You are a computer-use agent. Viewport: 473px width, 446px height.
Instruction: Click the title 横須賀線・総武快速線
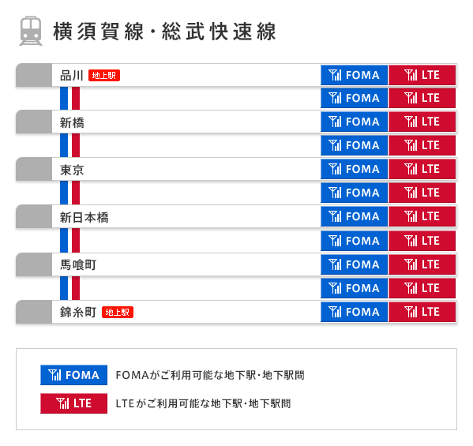pos(164,32)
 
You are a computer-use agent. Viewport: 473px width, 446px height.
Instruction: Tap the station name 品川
pos(72,76)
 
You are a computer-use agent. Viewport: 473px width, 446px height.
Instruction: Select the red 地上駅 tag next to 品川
pos(104,76)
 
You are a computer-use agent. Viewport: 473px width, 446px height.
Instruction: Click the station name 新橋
pos(72,122)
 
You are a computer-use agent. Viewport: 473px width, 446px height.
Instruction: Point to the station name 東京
pos(72,170)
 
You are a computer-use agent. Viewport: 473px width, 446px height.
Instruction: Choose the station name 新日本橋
pos(84,217)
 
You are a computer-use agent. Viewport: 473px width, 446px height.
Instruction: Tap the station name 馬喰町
pos(78,264)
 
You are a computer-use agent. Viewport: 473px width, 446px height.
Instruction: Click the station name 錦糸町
pos(78,312)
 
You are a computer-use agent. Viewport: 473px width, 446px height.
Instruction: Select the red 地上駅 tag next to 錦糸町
pos(118,312)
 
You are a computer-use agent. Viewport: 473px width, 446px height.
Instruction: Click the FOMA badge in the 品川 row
pos(355,76)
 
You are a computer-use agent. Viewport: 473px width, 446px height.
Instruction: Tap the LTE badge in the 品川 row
pos(422,76)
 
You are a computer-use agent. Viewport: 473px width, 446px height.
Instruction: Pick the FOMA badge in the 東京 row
pos(355,169)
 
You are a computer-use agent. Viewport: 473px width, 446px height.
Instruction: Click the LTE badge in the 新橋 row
pos(422,122)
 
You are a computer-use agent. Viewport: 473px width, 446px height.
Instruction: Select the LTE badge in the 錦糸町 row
pos(422,312)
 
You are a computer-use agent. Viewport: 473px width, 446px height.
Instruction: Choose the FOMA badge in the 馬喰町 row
pos(355,264)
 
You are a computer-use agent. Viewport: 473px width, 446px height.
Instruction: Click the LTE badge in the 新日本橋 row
pos(422,216)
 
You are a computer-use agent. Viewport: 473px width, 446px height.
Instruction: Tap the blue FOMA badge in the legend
pos(73,375)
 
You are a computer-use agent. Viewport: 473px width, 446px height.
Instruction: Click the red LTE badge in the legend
pos(73,403)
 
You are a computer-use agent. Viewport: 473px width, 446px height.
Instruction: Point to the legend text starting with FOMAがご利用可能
pos(209,375)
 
